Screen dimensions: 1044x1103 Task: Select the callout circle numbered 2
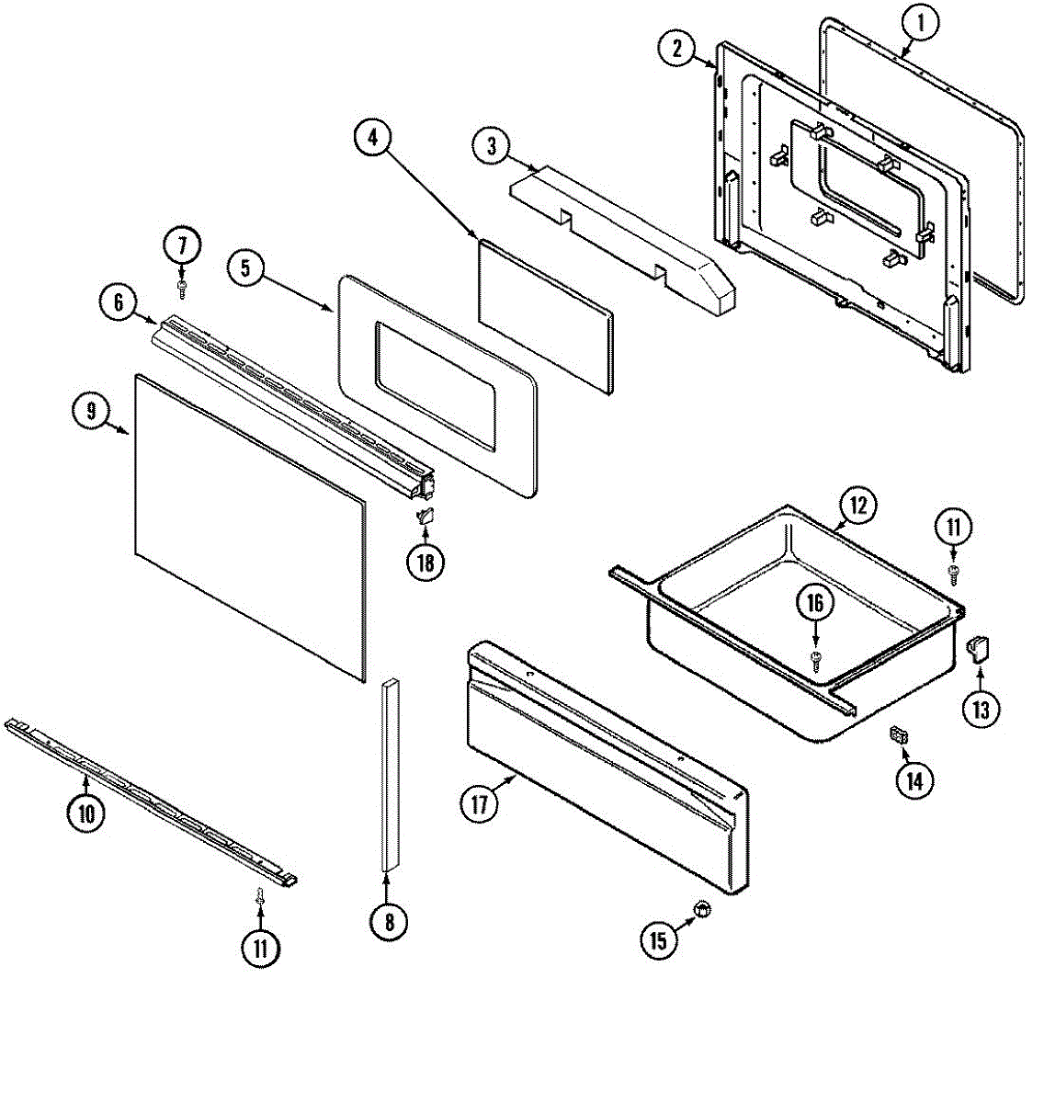tap(677, 49)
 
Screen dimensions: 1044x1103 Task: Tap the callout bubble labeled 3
tap(492, 145)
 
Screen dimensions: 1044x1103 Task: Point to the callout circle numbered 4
tap(372, 138)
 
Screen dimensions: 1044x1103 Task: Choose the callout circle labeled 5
tap(245, 267)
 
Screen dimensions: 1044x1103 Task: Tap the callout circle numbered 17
tap(479, 804)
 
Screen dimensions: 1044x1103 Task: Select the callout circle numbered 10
tap(85, 813)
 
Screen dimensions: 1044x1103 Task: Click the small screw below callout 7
tap(182, 289)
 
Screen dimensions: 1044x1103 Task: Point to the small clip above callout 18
tap(426, 516)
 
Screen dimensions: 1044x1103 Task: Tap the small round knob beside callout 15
tap(703, 910)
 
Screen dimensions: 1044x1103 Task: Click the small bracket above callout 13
tap(978, 650)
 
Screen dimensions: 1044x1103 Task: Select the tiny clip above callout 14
tap(899, 735)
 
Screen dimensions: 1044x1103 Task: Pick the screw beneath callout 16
tap(815, 656)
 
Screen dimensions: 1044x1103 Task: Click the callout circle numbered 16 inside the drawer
tap(815, 604)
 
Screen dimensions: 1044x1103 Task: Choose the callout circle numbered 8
tap(389, 920)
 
